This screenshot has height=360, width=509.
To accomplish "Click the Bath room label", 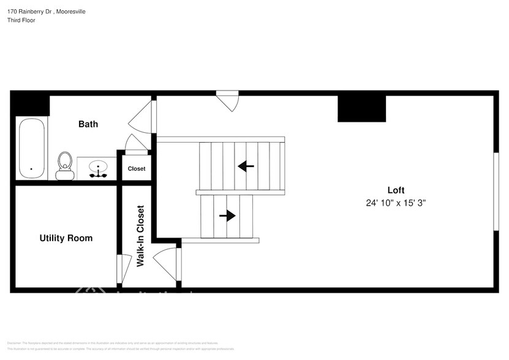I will click(88, 124).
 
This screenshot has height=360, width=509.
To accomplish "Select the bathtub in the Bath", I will click(31, 148).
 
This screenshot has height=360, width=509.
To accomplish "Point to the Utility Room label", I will click(66, 238).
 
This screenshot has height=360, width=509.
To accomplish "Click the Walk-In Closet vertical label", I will click(140, 236).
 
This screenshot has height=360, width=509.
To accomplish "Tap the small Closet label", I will click(137, 168).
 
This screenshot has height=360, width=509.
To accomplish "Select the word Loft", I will click(396, 190).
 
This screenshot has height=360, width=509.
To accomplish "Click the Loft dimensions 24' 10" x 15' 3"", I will click(396, 203).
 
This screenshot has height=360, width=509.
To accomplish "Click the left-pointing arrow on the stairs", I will click(246, 166).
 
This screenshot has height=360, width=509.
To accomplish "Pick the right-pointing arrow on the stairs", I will click(227, 216).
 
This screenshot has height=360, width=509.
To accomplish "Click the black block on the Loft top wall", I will click(362, 109).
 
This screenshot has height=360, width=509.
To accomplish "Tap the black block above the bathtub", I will click(30, 104).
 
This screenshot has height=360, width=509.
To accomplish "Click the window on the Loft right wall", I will click(495, 191).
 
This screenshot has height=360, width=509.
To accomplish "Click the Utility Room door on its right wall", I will click(120, 268).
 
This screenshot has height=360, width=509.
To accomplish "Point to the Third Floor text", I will click(21, 20).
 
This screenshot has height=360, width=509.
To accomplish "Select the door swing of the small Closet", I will click(136, 144).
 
